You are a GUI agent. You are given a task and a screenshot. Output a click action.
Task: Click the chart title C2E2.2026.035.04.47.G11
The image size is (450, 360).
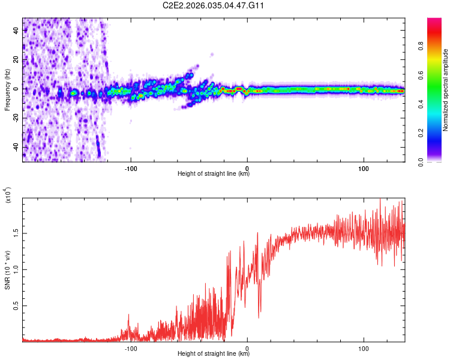(214, 5)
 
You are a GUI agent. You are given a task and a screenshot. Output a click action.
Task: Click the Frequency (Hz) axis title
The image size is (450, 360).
(7, 89)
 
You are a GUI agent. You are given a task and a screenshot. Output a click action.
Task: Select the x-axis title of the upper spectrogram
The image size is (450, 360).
(214, 174)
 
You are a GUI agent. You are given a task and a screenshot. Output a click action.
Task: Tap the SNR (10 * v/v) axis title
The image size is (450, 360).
(7, 270)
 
